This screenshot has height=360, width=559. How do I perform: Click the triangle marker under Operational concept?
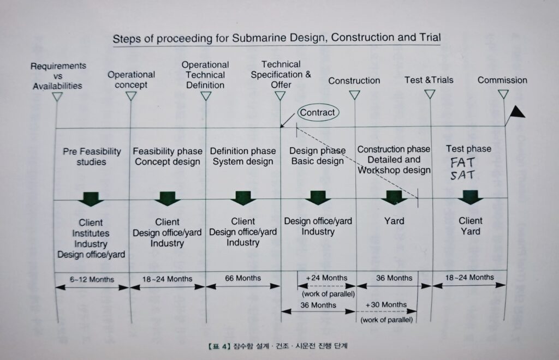(130, 96)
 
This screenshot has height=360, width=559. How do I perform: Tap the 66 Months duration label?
(243, 278)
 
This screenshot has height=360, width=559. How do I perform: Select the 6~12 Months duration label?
(92, 279)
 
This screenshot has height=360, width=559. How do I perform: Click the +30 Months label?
(386, 304)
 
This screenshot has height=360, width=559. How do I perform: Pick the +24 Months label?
(326, 278)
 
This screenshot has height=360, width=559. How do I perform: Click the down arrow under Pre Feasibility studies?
(91, 199)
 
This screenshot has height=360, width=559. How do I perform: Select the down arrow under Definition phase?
(243, 199)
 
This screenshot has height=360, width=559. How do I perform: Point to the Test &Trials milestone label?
(429, 80)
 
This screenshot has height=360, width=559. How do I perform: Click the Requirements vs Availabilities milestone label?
(58, 76)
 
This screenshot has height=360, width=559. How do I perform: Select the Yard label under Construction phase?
(394, 221)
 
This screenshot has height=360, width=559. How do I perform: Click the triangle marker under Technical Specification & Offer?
(280, 96)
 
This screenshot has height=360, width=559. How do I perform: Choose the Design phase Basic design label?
(317, 155)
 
